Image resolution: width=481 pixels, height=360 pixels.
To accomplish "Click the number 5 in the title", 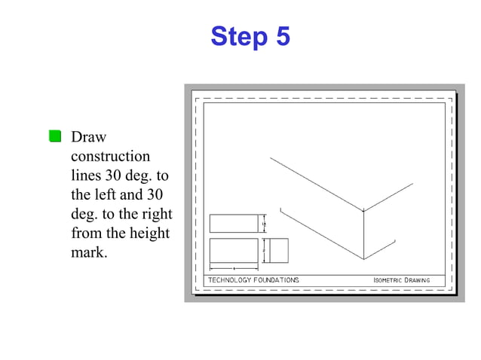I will [282, 36].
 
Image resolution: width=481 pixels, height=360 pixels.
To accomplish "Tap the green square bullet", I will [55, 136].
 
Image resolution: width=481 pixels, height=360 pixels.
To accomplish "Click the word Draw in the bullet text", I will [88, 137].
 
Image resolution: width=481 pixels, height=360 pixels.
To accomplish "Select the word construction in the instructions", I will [110, 157].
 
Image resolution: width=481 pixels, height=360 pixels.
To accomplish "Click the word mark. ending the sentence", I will [89, 252].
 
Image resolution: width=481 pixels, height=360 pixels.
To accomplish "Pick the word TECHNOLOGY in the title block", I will [231, 280].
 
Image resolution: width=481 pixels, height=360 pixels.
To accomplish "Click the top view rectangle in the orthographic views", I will [233, 224].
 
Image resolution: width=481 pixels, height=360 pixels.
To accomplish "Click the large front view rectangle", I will [233, 250].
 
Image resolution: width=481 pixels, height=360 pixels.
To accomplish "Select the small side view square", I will [278, 250].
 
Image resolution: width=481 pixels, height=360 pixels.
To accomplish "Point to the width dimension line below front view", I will [234, 267].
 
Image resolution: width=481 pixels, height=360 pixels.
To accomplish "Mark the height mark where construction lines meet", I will [364, 211].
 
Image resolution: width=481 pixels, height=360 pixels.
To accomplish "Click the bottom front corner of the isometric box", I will [364, 259].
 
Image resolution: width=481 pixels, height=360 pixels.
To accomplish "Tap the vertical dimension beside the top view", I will [264, 224].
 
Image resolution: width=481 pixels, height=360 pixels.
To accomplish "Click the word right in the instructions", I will [158, 214].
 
